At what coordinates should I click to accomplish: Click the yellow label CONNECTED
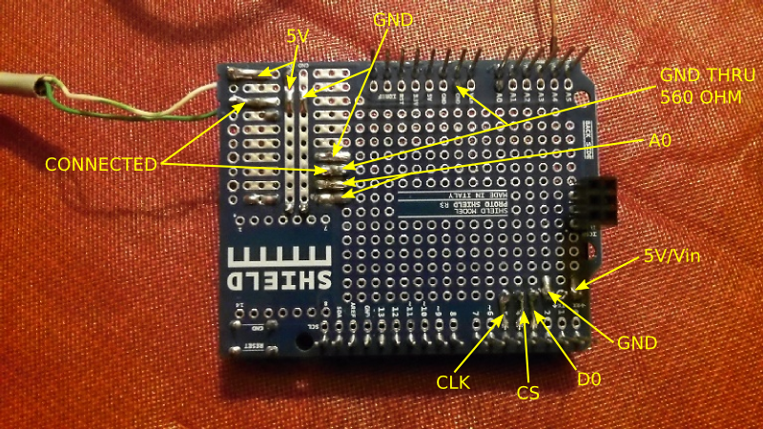click(100, 164)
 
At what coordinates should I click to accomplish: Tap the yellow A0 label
click(661, 139)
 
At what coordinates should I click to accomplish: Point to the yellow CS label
click(528, 391)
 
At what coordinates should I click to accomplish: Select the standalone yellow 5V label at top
click(299, 35)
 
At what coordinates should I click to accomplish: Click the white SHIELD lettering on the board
click(281, 281)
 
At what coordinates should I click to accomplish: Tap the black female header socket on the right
click(594, 201)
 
